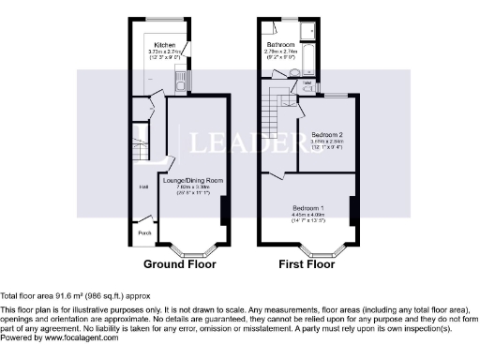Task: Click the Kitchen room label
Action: (165, 45)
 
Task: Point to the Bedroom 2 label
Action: (326, 135)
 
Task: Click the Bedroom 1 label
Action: (307, 207)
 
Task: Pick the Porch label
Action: (144, 232)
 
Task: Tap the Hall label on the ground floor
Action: (143, 187)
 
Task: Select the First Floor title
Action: (307, 264)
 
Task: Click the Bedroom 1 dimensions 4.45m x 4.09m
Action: (307, 214)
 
